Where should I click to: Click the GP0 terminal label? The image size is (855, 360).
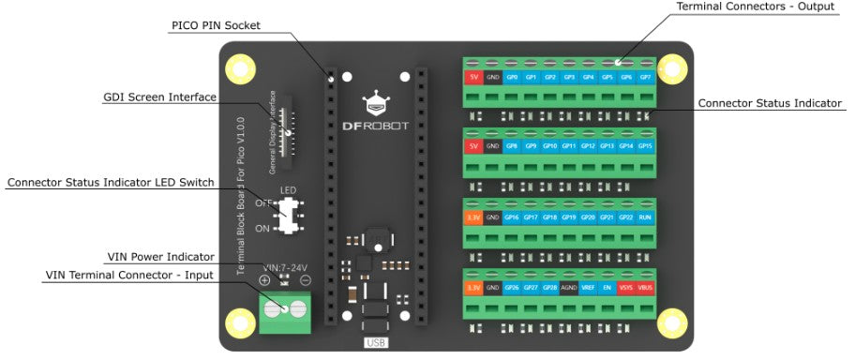pyautogui.click(x=512, y=77)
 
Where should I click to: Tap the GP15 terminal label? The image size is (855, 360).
pyautogui.click(x=645, y=147)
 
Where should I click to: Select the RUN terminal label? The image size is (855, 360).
pyautogui.click(x=645, y=217)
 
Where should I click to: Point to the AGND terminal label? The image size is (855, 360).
pyautogui.click(x=569, y=288)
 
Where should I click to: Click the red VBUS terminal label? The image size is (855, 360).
pyautogui.click(x=645, y=288)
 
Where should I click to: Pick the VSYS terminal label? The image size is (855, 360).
pyautogui.click(x=626, y=288)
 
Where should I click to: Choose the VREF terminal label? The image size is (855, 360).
pyautogui.click(x=588, y=288)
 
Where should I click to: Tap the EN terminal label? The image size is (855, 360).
pyautogui.click(x=607, y=288)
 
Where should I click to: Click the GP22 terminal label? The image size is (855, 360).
pyautogui.click(x=626, y=217)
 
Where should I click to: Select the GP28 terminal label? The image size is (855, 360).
pyautogui.click(x=549, y=288)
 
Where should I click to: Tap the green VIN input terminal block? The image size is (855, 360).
pyautogui.click(x=285, y=308)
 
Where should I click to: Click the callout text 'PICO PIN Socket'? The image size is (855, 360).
pyautogui.click(x=217, y=25)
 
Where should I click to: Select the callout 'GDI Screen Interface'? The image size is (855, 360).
pyautogui.click(x=159, y=97)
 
